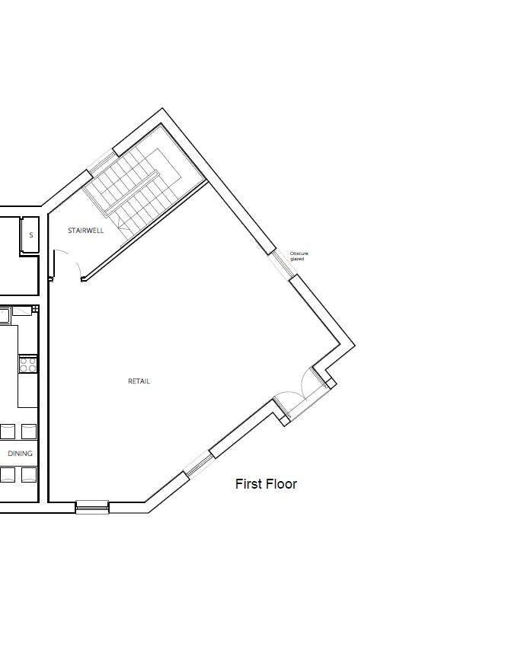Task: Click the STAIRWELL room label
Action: pos(85,231)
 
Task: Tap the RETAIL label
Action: pos(139,381)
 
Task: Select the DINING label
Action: pos(21,454)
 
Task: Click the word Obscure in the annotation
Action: pos(299,253)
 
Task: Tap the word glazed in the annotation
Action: pos(297,259)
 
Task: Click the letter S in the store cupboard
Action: pos(31,235)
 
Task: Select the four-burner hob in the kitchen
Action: pos(28,365)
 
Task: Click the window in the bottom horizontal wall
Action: pos(92,506)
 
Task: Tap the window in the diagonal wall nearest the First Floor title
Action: pos(197,464)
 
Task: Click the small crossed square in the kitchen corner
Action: pos(36,309)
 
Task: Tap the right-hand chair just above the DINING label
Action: pos(29,432)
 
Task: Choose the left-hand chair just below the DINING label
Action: pos(7,475)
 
